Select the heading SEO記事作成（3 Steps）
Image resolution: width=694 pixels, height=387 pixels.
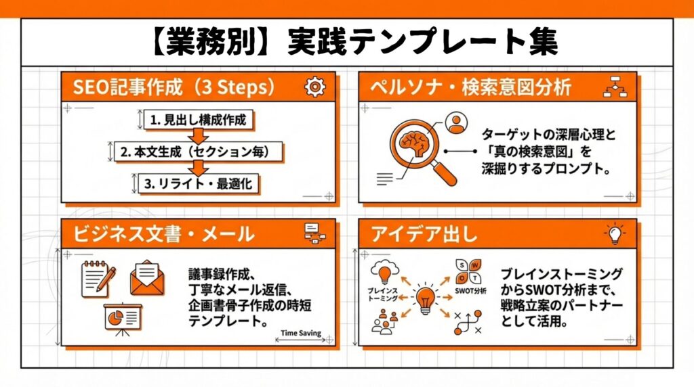click(x=173, y=87)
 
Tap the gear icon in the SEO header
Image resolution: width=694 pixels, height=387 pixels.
click(x=315, y=87)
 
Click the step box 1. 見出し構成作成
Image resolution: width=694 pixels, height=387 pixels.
click(x=195, y=120)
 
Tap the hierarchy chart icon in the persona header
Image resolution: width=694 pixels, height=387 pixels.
click(x=615, y=87)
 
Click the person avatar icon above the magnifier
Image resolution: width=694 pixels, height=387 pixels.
click(x=457, y=122)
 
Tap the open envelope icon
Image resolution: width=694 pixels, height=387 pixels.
click(x=147, y=278)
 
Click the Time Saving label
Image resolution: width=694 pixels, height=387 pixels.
click(x=300, y=334)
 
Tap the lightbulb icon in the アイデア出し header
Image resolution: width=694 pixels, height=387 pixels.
click(x=615, y=234)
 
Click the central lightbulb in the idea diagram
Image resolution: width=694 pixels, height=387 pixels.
click(x=425, y=297)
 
